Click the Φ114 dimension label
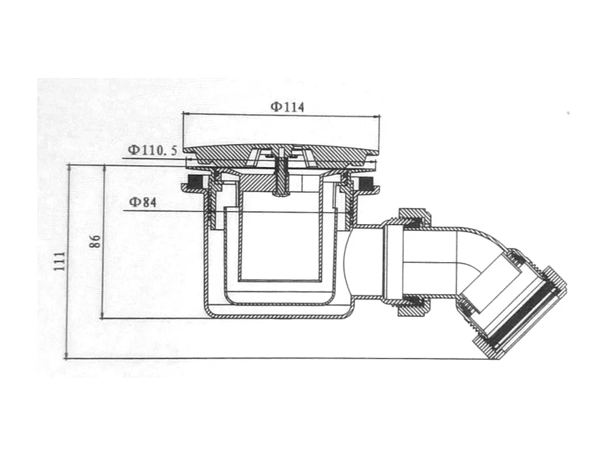(x=287, y=106)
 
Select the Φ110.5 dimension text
(x=152, y=149)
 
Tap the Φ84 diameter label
(x=143, y=202)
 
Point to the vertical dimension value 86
(x=95, y=241)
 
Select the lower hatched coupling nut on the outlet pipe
(x=411, y=306)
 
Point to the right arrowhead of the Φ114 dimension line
(x=377, y=117)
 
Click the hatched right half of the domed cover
(x=339, y=153)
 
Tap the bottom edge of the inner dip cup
(x=280, y=280)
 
